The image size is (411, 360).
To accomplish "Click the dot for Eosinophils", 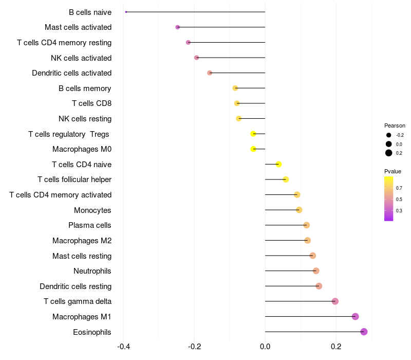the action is pyautogui.click(x=364, y=332).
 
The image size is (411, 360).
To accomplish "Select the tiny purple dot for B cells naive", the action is pyautogui.click(x=126, y=12).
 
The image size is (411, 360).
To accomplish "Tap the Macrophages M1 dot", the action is pyautogui.click(x=355, y=316).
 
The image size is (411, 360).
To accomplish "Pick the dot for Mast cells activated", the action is pyautogui.click(x=177, y=27).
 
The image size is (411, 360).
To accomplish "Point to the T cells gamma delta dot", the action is pyautogui.click(x=335, y=301).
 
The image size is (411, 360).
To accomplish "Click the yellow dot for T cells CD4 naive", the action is pyautogui.click(x=278, y=164).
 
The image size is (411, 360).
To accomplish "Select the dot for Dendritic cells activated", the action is pyautogui.click(x=210, y=73).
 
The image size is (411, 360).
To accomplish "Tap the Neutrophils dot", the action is pyautogui.click(x=316, y=271).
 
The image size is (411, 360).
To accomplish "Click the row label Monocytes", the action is pyautogui.click(x=92, y=210).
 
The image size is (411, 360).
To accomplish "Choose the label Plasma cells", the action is pyautogui.click(x=89, y=225).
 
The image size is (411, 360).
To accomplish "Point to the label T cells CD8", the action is pyautogui.click(x=92, y=103).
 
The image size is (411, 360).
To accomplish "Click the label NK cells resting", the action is pyautogui.click(x=85, y=119).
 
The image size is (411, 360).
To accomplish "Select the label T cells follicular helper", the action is pyautogui.click(x=74, y=179).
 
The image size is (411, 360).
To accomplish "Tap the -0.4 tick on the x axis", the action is pyautogui.click(x=124, y=347).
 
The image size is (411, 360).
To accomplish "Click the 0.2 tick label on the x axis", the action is pyautogui.click(x=336, y=347).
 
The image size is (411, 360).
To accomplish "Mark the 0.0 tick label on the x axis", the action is pyautogui.click(x=265, y=347).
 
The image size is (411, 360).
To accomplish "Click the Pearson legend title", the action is pyautogui.click(x=395, y=125).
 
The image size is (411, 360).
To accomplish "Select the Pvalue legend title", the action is pyautogui.click(x=393, y=171).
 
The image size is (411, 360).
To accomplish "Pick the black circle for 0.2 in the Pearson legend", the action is pyautogui.click(x=389, y=153).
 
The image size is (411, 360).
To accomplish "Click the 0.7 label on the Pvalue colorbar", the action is pyautogui.click(x=399, y=188).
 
